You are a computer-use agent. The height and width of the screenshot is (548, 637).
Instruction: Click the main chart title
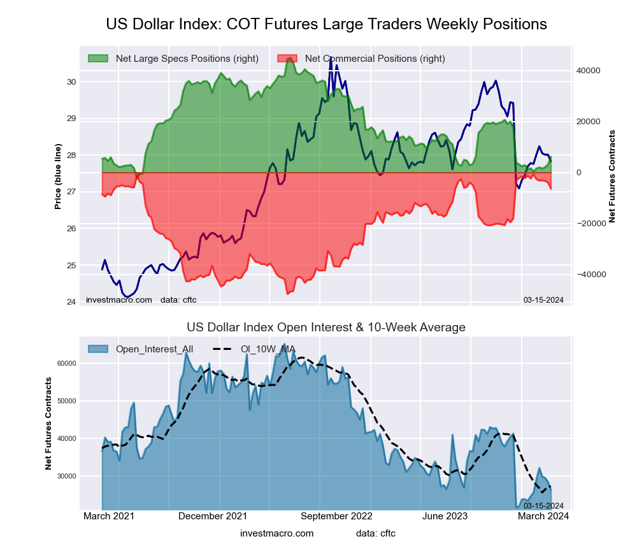tap(326, 24)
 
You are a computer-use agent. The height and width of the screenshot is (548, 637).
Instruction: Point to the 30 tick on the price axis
tap(71, 82)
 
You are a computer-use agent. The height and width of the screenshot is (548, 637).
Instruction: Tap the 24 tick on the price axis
tap(71, 302)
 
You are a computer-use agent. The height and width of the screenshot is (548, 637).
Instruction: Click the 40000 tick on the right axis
tap(589, 71)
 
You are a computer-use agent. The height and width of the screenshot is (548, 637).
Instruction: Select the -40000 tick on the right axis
tap(590, 275)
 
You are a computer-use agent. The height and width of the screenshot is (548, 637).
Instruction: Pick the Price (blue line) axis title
tap(58, 177)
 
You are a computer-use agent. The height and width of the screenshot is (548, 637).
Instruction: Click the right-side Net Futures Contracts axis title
tap(612, 176)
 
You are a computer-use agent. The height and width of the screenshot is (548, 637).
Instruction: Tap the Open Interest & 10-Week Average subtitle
tap(326, 327)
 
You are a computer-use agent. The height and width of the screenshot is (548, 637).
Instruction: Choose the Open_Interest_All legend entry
tap(154, 349)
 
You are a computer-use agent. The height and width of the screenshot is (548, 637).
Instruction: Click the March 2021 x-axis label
tap(109, 516)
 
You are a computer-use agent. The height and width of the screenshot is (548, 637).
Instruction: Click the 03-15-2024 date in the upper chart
tap(543, 300)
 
